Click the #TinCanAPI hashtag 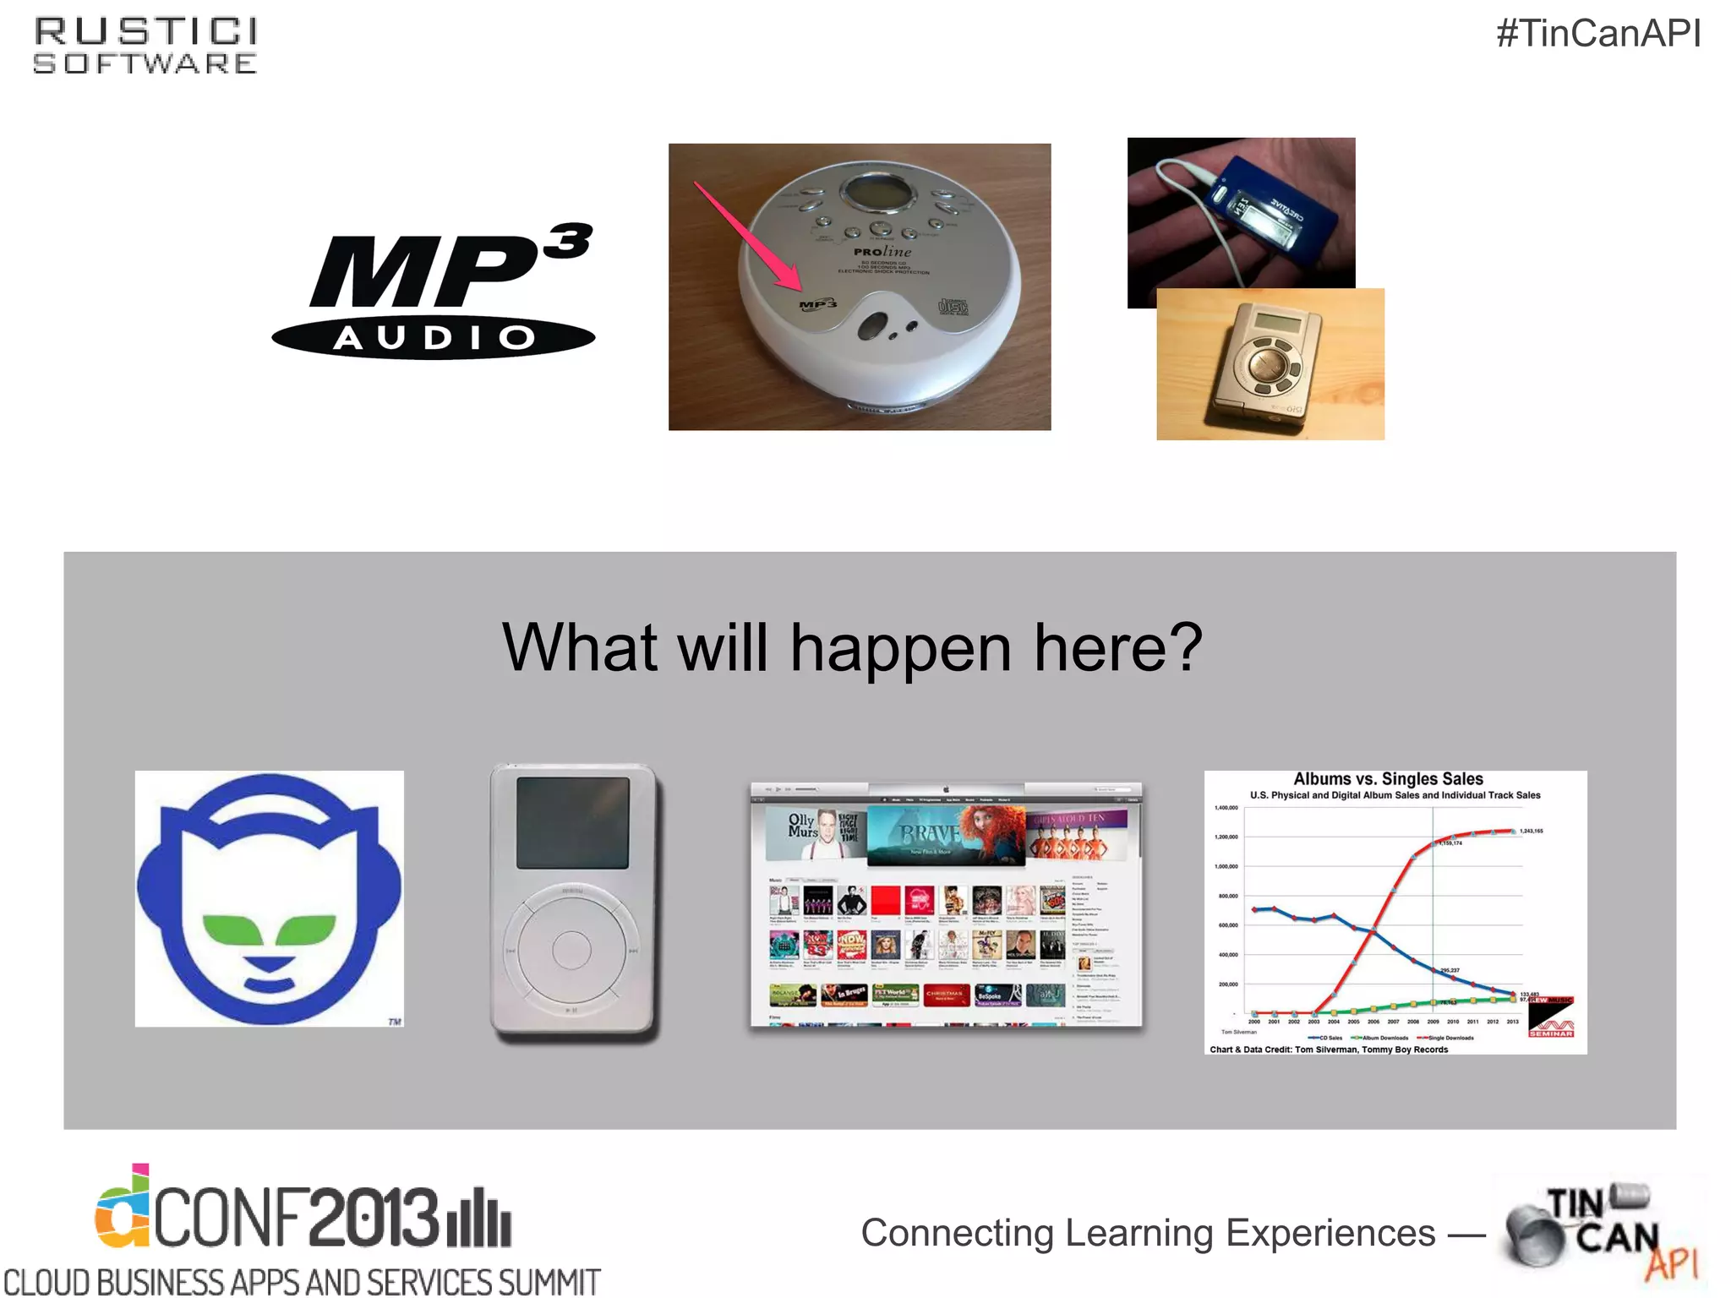pos(1597,35)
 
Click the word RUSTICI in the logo pos(145,32)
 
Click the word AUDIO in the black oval pos(434,338)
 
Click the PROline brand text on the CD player pos(882,252)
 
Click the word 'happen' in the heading pos(900,648)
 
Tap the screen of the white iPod pos(573,822)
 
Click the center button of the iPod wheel pos(571,950)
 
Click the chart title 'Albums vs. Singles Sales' pos(1388,779)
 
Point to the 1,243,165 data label pos(1531,831)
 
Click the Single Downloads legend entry pos(1450,1038)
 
